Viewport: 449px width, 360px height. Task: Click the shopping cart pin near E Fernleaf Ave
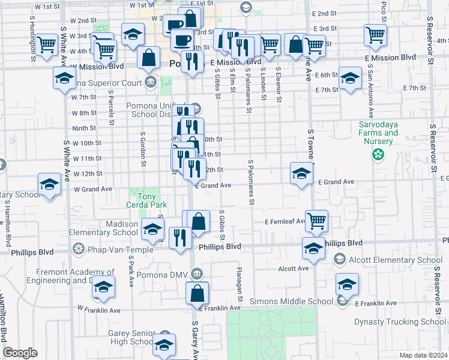coord(316,221)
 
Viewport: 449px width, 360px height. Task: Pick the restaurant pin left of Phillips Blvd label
coord(180,238)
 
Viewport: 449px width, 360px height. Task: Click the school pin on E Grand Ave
coord(302,173)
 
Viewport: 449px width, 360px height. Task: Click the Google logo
coord(20,353)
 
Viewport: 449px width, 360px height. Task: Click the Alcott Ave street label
coord(294,268)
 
